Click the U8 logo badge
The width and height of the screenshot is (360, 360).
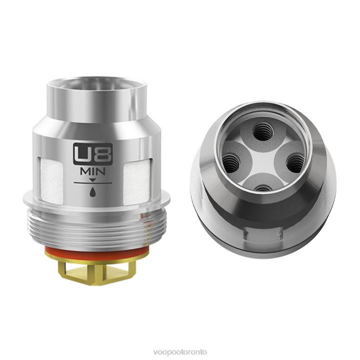93,154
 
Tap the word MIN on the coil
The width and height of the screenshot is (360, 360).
93,171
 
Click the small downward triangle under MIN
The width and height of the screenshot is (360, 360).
93,180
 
